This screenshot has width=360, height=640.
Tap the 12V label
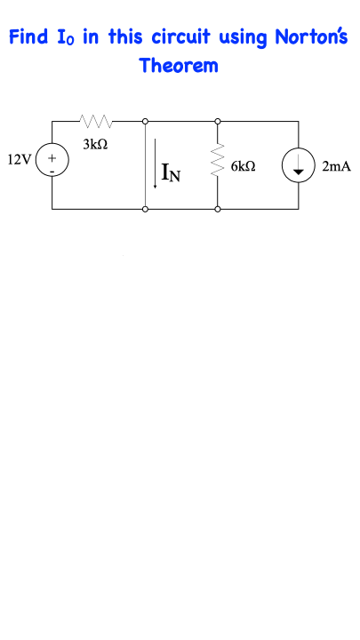(19, 160)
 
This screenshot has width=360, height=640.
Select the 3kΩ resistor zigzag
(95, 120)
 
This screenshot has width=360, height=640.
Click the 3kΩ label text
(95, 144)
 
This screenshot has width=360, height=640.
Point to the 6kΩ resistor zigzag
(218, 160)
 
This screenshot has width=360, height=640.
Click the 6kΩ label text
(244, 166)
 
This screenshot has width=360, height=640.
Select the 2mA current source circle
(299, 149)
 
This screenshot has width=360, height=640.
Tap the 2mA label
(336, 166)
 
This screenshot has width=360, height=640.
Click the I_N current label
(171, 172)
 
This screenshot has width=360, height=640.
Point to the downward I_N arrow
(155, 164)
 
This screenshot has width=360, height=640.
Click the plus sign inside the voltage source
(52, 157)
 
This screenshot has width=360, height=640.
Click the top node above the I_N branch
(145, 121)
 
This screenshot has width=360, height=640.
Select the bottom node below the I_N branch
(145, 210)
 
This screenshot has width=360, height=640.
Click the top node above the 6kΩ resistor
(218, 121)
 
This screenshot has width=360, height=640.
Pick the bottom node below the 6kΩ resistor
(218, 210)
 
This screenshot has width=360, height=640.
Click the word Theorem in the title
(179, 65)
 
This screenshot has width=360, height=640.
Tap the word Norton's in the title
(311, 37)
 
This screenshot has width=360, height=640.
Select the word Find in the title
(28, 37)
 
